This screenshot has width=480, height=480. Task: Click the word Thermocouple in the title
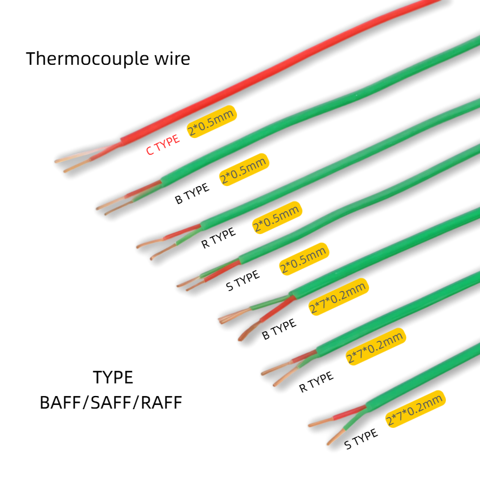point(87,59)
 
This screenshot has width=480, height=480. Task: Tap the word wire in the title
point(172,58)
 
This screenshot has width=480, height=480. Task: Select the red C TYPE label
point(163,145)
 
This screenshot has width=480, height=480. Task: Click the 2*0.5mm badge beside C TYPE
point(212,122)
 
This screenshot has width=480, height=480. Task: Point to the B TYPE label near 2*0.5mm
point(192,193)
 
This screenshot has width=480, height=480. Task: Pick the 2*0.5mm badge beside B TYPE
point(244,170)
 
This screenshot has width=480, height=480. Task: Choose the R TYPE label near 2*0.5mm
point(218,238)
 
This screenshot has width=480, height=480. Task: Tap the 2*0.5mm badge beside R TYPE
point(277,218)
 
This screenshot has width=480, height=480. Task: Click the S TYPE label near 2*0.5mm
point(243,280)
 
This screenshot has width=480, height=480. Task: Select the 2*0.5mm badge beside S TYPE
point(304,259)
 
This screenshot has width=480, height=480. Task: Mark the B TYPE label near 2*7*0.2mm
point(279,329)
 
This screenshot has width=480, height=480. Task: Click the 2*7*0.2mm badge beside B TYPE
point(338,297)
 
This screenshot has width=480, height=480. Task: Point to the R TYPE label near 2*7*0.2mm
point(316,382)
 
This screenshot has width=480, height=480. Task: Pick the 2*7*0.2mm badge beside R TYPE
point(376,347)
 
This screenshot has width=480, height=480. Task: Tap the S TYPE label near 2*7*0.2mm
point(361,439)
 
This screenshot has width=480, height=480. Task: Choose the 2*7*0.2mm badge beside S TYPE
point(415,409)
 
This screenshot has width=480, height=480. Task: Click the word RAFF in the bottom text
point(161,403)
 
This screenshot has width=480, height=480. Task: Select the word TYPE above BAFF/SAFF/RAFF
point(113,377)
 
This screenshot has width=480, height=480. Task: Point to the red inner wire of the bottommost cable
point(350,412)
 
